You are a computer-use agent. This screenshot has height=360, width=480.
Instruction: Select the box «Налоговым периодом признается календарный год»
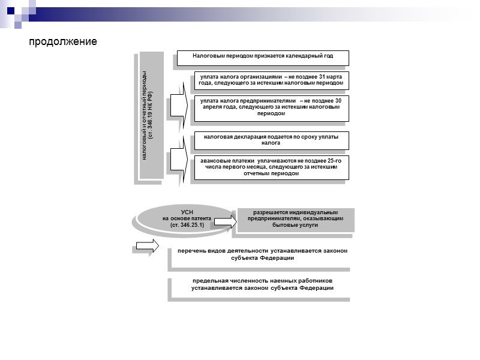coord(263,58)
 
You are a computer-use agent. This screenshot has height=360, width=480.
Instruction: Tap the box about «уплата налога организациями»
coord(271,80)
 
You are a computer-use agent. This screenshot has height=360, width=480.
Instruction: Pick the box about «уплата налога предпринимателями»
coord(271,107)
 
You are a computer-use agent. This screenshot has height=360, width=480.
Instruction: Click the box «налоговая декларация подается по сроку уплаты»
coord(271,140)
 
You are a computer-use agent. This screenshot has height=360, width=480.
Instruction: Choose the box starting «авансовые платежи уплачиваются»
coord(271,167)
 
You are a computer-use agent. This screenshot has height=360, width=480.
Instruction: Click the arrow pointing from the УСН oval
coord(224,221)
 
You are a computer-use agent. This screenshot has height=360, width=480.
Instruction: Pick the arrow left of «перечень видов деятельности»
coord(148,245)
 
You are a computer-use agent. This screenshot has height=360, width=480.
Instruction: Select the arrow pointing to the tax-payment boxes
coord(178,105)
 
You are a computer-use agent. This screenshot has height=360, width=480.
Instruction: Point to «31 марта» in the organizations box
coord(330,77)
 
